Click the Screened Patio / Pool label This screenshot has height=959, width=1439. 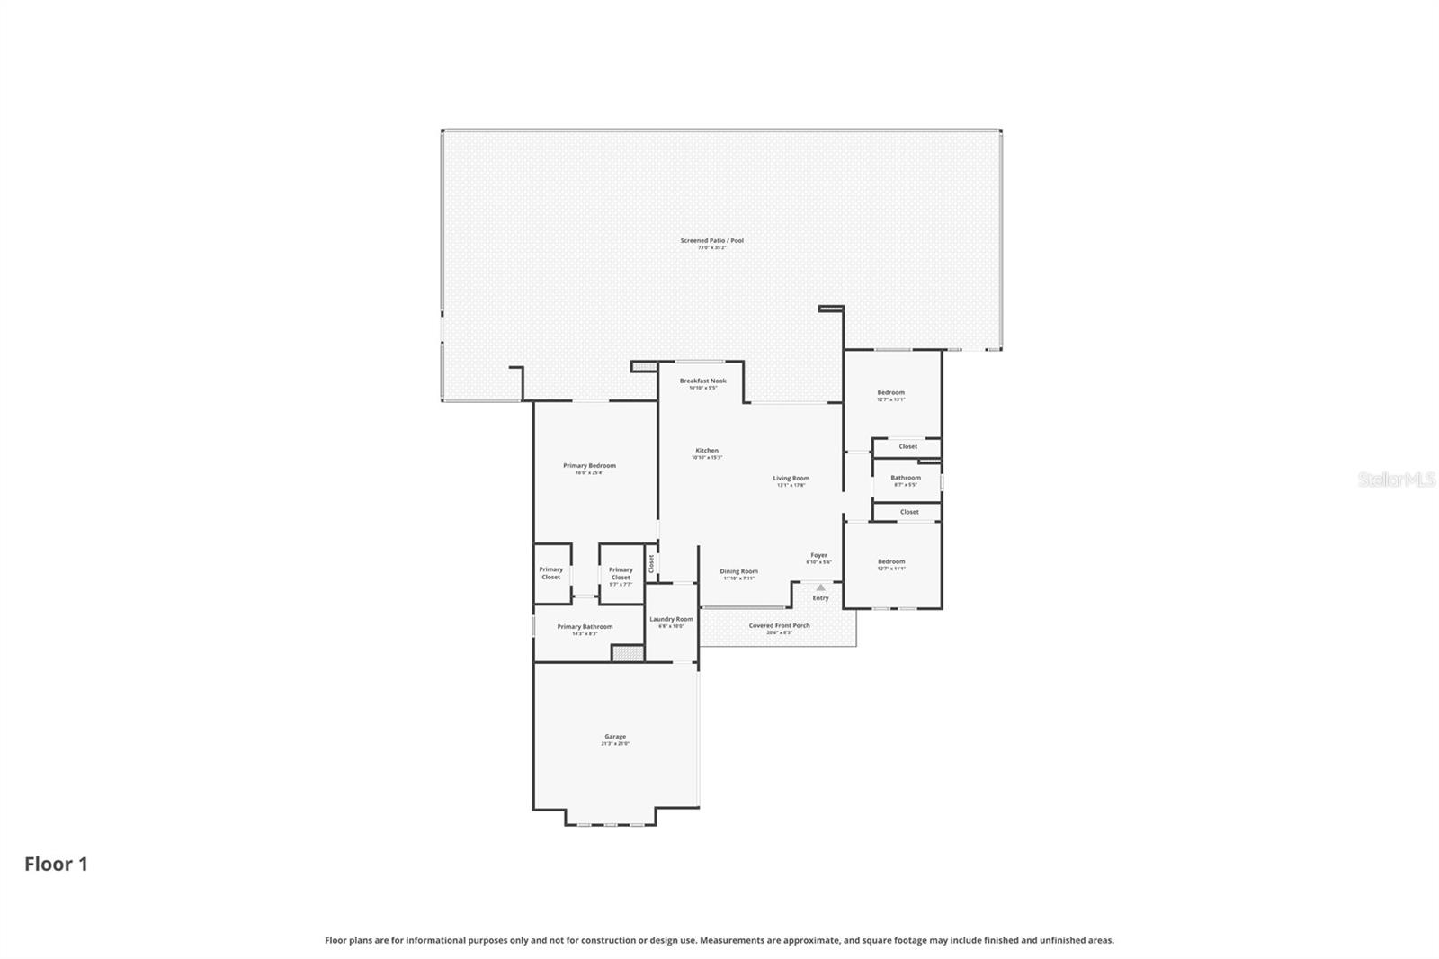[x=711, y=241]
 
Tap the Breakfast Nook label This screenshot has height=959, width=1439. [x=702, y=381]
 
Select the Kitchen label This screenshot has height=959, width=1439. [x=707, y=451]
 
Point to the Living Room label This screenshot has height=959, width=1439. [x=791, y=479]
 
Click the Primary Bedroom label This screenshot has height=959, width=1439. [x=589, y=466]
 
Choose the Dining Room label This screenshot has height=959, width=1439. [x=738, y=571]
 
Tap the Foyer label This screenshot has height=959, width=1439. [x=818, y=556]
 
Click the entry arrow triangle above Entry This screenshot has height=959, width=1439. [x=820, y=587]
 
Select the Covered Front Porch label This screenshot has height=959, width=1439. [x=779, y=626]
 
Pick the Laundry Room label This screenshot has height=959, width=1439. [x=671, y=619]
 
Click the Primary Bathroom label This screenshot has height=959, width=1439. [x=585, y=627]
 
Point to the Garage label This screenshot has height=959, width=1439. [x=615, y=737]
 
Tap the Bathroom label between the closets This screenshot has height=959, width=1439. [x=906, y=478]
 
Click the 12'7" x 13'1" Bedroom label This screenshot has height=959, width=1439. [x=890, y=393]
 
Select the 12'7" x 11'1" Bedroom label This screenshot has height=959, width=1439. [x=890, y=562]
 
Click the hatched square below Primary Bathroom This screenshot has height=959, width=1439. [x=622, y=653]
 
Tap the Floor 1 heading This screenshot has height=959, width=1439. [x=56, y=865]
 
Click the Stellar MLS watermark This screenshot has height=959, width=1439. [x=1396, y=480]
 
